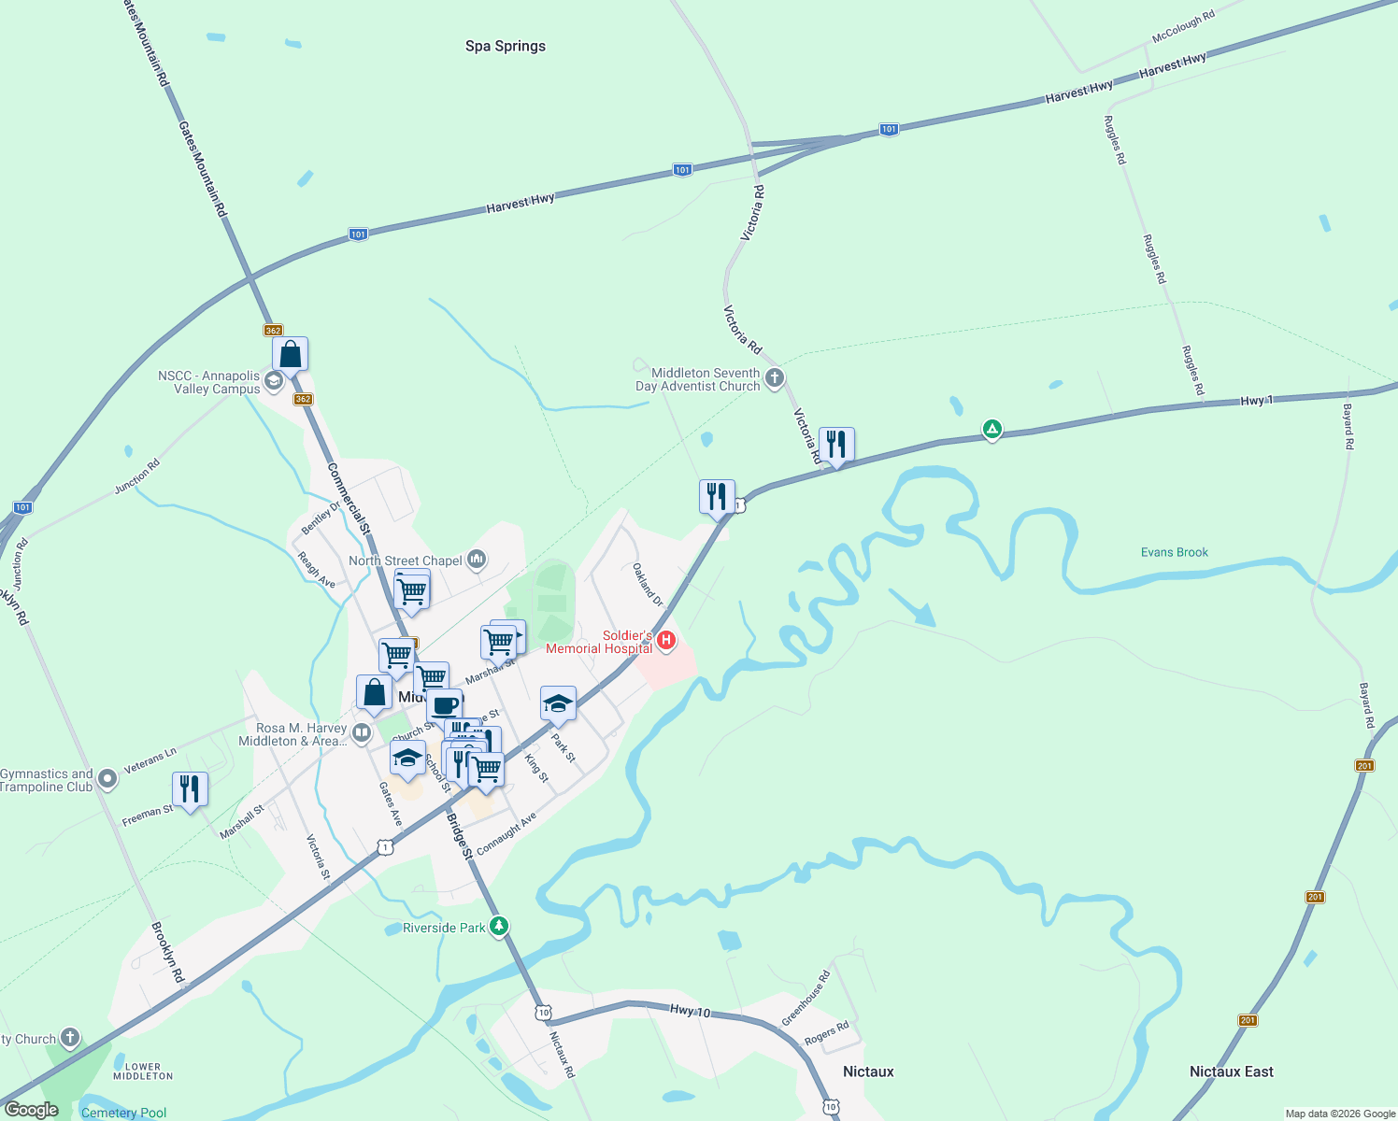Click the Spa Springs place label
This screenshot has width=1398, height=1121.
click(506, 46)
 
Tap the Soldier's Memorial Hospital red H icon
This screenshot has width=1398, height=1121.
click(666, 641)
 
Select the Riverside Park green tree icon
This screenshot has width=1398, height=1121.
click(500, 927)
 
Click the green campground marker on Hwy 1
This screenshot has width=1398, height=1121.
click(991, 430)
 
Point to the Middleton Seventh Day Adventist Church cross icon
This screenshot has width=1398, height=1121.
click(774, 378)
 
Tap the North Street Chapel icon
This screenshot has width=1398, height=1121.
click(477, 560)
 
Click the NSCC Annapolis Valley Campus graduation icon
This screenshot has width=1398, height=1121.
click(274, 381)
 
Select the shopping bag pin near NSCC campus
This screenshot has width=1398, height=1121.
click(291, 355)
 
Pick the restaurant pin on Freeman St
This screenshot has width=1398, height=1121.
click(190, 789)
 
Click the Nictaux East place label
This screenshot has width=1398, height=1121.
click(1231, 1071)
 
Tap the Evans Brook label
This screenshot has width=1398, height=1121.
click(1174, 552)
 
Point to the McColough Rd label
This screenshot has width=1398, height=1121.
click(1183, 27)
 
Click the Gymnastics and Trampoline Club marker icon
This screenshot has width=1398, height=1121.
click(107, 778)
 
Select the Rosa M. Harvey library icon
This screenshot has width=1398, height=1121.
click(361, 733)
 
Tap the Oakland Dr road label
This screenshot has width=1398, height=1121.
click(648, 585)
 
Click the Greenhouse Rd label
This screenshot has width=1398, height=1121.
click(806, 999)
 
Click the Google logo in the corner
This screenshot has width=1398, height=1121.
click(31, 1110)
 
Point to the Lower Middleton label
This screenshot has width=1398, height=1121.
click(143, 1071)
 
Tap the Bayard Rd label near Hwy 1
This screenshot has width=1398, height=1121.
click(1348, 427)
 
